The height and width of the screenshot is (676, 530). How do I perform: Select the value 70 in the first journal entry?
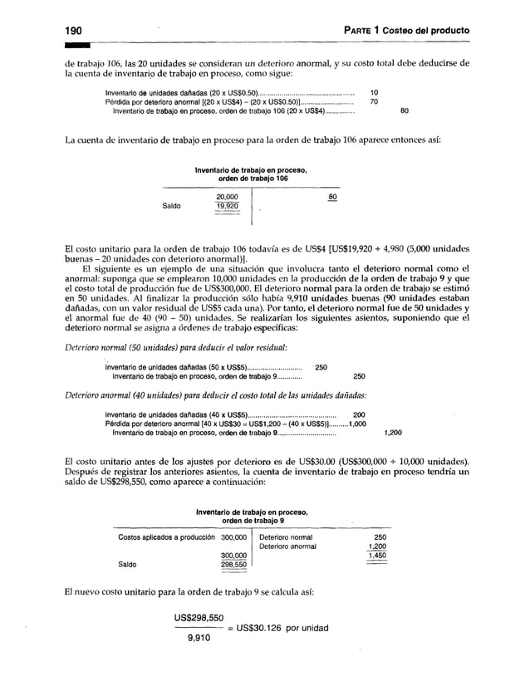pos(375,101)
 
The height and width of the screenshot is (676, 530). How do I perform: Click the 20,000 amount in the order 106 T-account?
pos(227,196)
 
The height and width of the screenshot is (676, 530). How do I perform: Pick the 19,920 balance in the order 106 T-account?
pos(227,207)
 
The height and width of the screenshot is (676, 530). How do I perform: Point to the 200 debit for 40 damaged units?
pos(360,414)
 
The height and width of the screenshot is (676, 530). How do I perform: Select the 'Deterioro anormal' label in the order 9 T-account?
pos(287,546)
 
